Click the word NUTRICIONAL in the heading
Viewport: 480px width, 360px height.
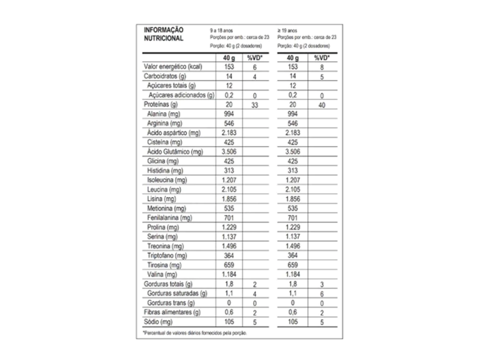pos(164,38)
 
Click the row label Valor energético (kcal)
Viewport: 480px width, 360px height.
pos(173,67)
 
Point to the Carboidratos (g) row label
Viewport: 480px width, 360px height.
pos(165,76)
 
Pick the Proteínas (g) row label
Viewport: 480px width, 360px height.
pos(161,105)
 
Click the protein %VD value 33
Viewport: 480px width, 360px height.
pos(255,105)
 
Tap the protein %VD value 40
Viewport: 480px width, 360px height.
pos(322,105)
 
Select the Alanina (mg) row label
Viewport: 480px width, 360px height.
pos(164,114)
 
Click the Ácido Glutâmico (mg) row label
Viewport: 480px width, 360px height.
pos(175,152)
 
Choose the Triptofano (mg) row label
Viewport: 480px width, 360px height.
pos(167,255)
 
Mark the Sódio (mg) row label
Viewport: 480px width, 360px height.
pos(158,322)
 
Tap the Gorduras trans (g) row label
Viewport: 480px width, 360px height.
pos(172,303)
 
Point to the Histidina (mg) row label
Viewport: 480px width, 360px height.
pos(165,171)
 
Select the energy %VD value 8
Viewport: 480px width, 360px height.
pos(322,67)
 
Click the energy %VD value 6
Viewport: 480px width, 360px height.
pos(255,67)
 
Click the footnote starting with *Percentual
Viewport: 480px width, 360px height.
pos(195,333)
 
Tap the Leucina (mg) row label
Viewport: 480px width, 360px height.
pos(164,189)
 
